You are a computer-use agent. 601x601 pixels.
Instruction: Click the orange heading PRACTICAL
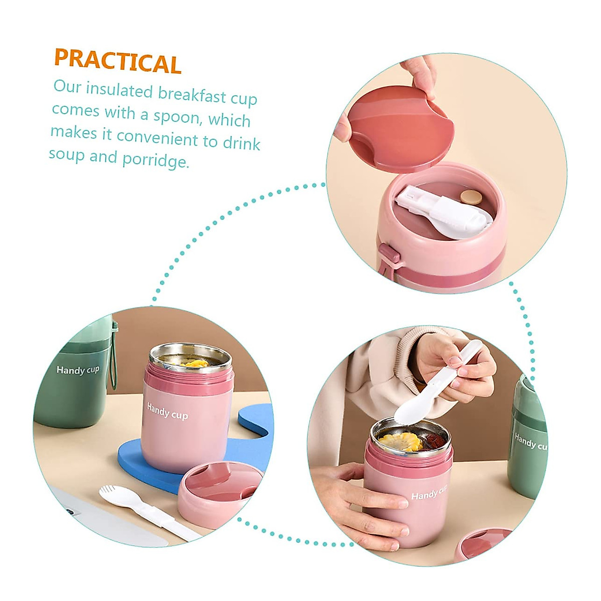click(117, 61)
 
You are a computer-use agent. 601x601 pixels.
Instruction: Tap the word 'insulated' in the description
click(119, 90)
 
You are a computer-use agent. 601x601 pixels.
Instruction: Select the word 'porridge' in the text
click(156, 160)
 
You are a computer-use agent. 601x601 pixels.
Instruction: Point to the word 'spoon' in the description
click(176, 116)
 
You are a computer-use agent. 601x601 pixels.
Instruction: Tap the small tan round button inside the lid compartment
click(470, 197)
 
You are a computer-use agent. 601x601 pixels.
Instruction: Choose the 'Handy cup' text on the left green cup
click(78, 370)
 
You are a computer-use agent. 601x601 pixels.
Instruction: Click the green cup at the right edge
click(526, 441)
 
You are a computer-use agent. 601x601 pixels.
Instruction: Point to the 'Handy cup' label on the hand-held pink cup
click(429, 494)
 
